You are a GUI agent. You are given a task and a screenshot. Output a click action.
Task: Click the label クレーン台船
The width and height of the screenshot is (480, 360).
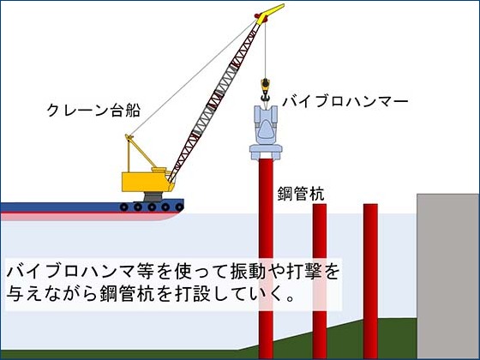click(x=93, y=111)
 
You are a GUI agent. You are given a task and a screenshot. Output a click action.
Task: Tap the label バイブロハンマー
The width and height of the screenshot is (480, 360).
click(x=345, y=102)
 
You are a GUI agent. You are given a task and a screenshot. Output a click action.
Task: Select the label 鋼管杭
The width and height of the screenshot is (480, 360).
click(x=301, y=194)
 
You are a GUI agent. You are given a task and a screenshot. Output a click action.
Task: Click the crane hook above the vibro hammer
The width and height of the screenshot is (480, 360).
click(x=265, y=89)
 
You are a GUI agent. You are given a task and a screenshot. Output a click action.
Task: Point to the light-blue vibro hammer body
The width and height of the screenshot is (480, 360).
click(x=266, y=132)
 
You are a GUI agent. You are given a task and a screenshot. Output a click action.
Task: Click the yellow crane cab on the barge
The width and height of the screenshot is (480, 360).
click(x=145, y=181)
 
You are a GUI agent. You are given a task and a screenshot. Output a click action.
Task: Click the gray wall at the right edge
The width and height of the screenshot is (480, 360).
click(x=447, y=276)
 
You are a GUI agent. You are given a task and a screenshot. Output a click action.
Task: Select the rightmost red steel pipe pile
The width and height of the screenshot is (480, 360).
click(x=370, y=281)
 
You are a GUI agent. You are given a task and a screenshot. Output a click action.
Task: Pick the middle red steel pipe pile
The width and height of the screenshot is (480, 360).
click(x=320, y=281)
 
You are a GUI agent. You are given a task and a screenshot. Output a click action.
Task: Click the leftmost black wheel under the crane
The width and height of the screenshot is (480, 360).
click(x=123, y=207)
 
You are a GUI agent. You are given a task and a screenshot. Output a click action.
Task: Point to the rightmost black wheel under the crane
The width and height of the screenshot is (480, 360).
click(x=179, y=207)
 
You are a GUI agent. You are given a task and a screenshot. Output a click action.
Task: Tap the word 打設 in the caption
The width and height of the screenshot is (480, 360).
click(x=192, y=294)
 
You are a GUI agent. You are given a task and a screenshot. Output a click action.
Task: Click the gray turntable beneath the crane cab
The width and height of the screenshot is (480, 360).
click(x=153, y=196)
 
